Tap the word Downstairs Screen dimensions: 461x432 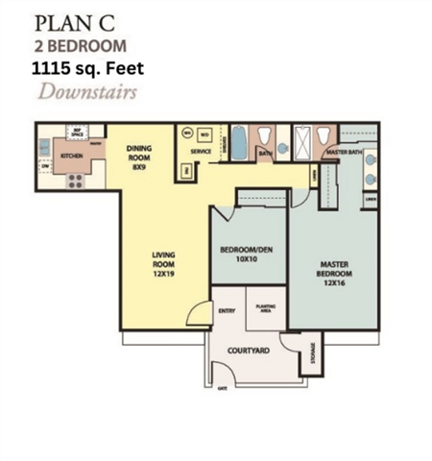tap(87, 93)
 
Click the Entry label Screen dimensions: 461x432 tap(228, 310)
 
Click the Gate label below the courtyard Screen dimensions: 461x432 tap(223, 388)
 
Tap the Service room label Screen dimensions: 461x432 tap(201, 153)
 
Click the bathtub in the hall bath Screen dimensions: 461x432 tap(239, 145)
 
